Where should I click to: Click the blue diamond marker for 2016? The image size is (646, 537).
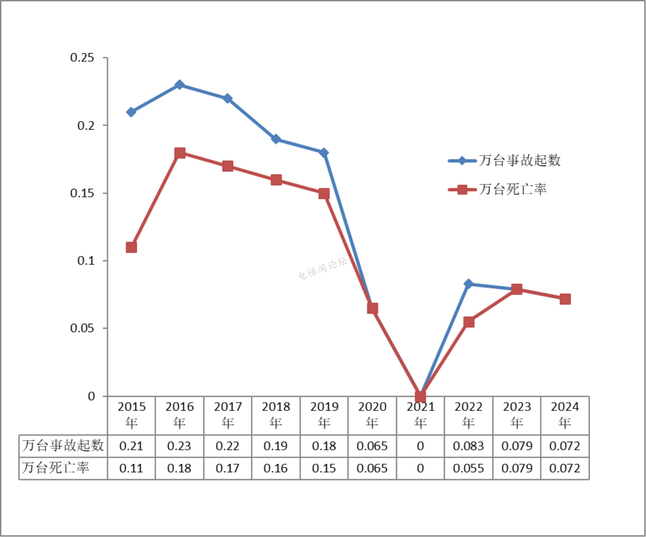click(180, 85)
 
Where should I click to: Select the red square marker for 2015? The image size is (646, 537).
click(131, 247)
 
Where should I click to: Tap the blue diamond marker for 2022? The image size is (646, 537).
click(468, 284)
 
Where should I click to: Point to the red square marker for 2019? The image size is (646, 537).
click(324, 194)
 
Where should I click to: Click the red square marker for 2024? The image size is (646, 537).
click(565, 299)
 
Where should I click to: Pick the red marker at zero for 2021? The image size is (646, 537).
click(420, 397)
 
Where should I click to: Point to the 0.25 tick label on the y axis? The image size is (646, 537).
click(82, 58)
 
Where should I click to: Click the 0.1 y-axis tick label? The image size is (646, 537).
click(86, 261)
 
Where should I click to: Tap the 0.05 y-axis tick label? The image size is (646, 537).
click(82, 329)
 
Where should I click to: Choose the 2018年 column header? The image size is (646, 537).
click(276, 415)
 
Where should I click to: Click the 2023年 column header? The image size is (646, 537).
click(517, 415)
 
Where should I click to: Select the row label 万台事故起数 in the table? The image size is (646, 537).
click(63, 445)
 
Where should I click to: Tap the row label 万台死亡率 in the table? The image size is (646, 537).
click(56, 468)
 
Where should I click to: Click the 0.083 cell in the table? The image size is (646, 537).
click(468, 446)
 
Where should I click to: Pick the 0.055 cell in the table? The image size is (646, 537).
click(468, 468)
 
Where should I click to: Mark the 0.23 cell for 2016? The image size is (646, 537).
click(179, 446)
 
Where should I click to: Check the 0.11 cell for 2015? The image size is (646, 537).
click(131, 468)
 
